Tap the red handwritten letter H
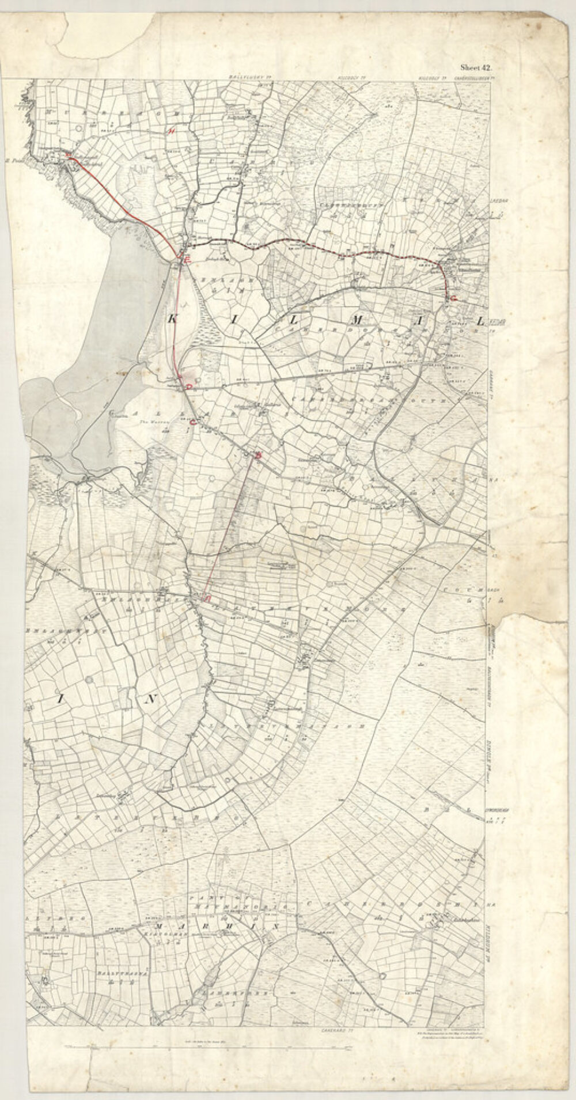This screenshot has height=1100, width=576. pos(170,131)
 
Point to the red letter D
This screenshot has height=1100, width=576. pos(188,388)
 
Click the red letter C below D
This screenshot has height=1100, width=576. pos(192,423)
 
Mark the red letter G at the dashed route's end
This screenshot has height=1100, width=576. pos(454,298)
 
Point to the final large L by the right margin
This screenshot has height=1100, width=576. pos(478,318)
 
